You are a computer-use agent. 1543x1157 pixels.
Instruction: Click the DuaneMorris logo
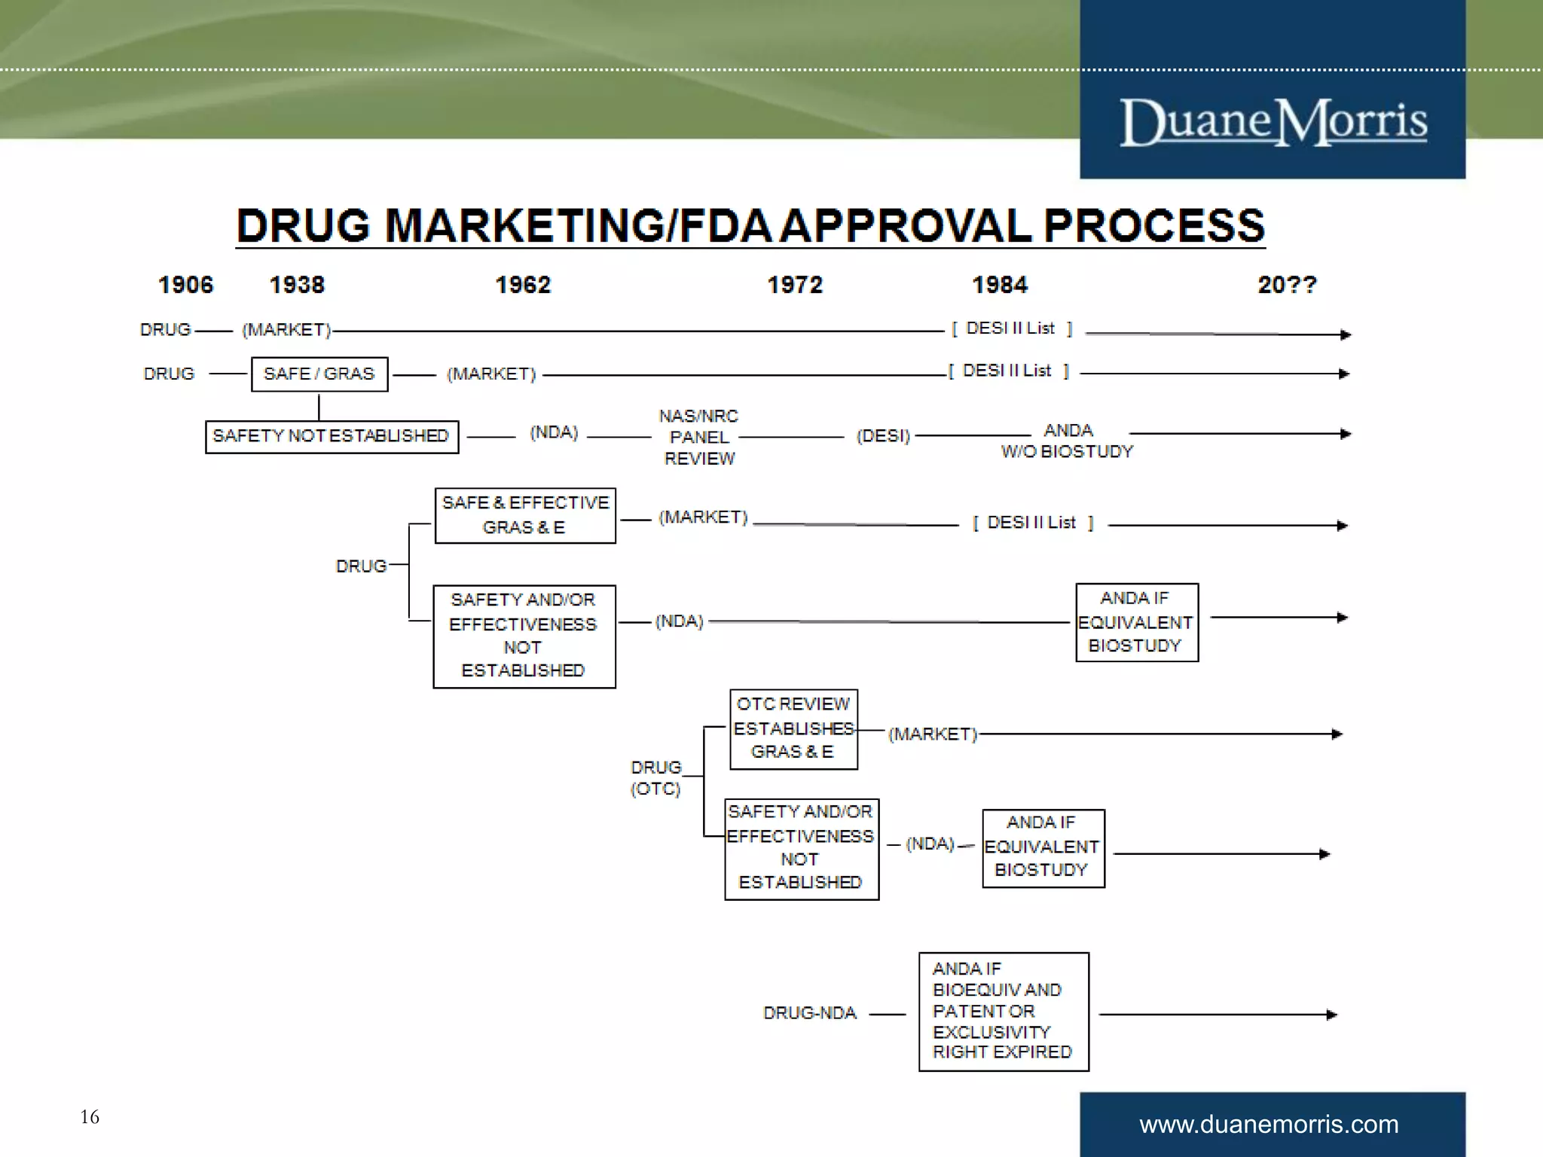[1273, 122]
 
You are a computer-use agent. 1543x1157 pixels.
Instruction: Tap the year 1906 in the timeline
[185, 285]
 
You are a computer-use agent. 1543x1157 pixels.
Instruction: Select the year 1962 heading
[523, 285]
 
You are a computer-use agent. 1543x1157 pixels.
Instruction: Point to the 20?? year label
[1287, 285]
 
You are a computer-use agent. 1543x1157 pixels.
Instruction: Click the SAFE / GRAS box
[319, 374]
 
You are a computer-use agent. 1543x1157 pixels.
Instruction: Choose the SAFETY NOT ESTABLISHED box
[332, 436]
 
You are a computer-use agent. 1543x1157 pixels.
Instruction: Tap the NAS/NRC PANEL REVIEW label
[698, 437]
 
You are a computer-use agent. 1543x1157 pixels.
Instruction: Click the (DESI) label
[883, 436]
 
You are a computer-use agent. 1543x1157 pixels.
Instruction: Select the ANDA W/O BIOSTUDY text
[1067, 441]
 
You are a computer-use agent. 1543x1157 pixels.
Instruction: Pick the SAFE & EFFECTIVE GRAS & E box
[525, 515]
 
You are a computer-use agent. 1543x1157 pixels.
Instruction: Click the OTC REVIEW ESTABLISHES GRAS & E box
[793, 728]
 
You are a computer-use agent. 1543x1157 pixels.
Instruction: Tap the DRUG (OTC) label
[655, 777]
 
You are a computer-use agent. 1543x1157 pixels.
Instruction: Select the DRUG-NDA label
[810, 1013]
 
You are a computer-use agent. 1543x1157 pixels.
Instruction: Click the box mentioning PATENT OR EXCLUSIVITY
[1004, 1011]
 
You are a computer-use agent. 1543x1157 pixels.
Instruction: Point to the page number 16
[90, 1116]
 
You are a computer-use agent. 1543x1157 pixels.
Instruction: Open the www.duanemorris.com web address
[1269, 1124]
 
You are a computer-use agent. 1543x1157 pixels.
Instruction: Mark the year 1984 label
[1000, 285]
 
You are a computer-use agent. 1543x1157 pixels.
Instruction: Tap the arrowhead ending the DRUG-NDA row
[1331, 1015]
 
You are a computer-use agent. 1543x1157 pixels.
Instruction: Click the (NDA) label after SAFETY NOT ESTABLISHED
[554, 432]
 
